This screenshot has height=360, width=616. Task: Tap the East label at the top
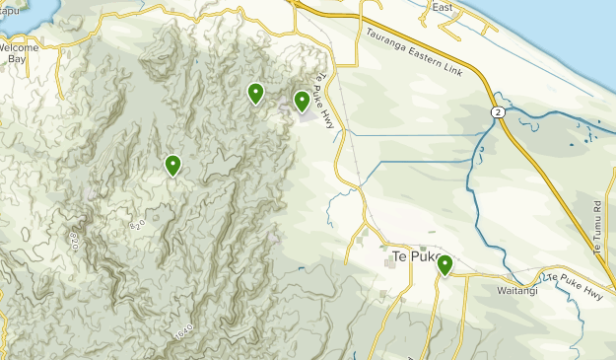[442, 7]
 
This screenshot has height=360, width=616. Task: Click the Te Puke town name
[412, 256]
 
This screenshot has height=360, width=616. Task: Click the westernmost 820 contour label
[75, 239]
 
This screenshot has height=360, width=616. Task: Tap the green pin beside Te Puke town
[445, 264]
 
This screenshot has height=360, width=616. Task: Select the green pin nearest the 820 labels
[172, 165]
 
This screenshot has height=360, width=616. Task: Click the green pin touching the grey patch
[302, 100]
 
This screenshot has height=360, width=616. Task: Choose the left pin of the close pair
[255, 93]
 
